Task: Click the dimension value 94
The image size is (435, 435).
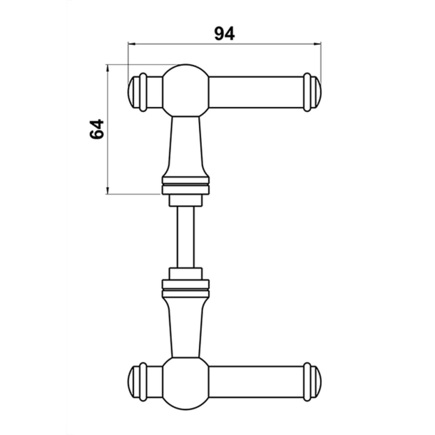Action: click(x=224, y=32)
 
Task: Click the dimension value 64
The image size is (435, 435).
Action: click(x=97, y=129)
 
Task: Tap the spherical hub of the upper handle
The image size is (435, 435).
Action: click(x=185, y=91)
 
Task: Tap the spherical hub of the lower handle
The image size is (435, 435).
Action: click(x=185, y=383)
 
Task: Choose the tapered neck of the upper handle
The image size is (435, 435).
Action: click(x=185, y=146)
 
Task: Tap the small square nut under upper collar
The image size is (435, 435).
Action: click(x=185, y=200)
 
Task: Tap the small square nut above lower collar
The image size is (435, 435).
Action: click(x=185, y=273)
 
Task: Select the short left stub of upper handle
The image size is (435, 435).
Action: click(x=154, y=92)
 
